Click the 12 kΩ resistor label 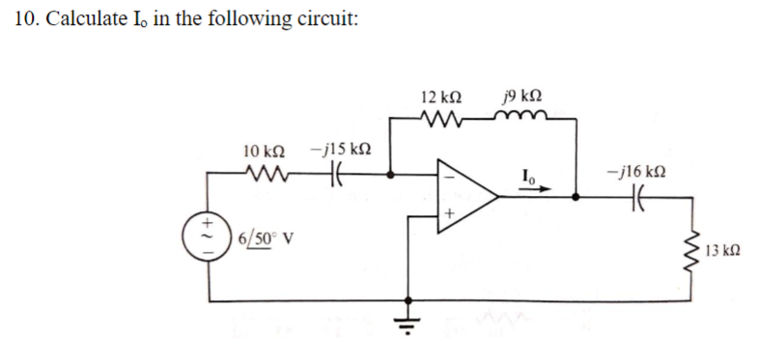tap(441, 98)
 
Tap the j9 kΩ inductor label tap(521, 98)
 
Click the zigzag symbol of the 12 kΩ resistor tap(441, 121)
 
